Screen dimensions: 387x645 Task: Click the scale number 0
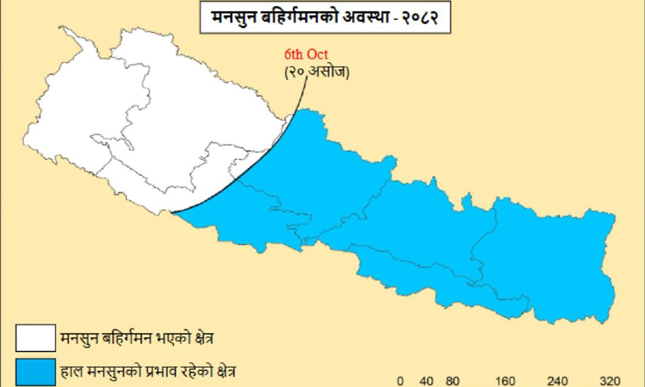coord(400,381)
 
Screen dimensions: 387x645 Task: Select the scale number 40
coord(428,381)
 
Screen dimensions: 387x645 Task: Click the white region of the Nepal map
coord(161,116)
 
